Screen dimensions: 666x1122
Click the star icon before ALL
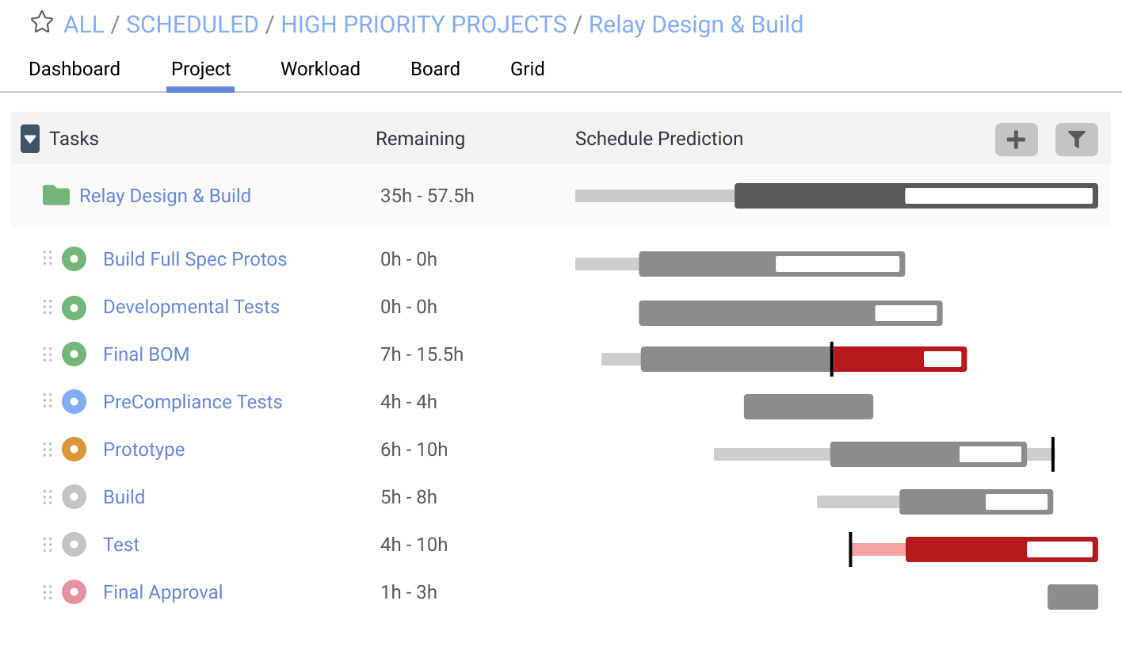click(x=41, y=23)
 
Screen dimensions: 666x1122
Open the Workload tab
click(x=320, y=69)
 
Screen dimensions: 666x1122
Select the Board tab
click(x=435, y=69)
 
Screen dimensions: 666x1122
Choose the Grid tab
click(x=527, y=69)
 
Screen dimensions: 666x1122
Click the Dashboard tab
click(x=74, y=69)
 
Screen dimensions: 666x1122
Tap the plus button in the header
click(x=1016, y=140)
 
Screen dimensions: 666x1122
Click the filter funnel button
click(x=1076, y=140)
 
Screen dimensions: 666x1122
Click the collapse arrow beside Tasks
click(x=30, y=140)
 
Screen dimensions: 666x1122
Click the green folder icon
click(x=55, y=195)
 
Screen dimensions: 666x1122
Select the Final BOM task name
click(x=146, y=354)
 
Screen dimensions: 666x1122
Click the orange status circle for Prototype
click(x=74, y=450)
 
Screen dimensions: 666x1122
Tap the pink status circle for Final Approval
click(x=74, y=592)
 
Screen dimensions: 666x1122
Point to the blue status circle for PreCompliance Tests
click(x=74, y=402)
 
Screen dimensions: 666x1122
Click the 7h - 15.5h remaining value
click(x=422, y=354)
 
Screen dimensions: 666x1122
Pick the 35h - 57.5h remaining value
click(x=427, y=196)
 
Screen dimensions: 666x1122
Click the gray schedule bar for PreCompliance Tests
click(x=808, y=407)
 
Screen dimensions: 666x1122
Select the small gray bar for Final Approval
click(x=1072, y=597)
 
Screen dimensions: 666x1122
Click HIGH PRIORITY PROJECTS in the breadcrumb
click(x=424, y=25)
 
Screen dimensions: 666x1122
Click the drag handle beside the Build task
click(x=47, y=497)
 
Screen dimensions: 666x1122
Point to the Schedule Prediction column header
click(x=658, y=139)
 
